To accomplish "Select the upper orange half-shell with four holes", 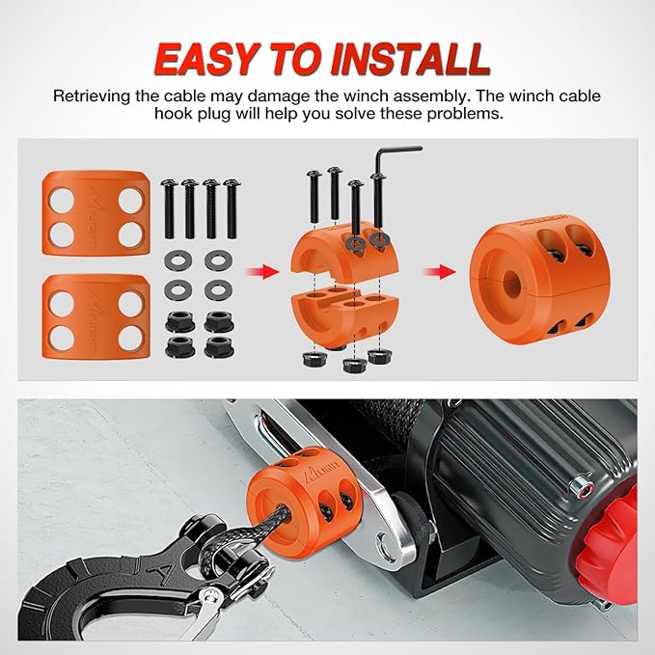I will point(94,215).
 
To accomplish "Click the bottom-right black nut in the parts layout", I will point(216,344).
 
